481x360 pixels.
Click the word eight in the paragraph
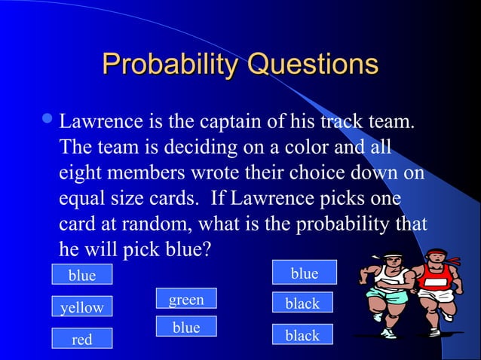coord(79,172)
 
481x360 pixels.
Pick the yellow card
coord(81,307)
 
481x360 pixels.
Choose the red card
coord(81,339)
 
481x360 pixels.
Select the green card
coord(185,299)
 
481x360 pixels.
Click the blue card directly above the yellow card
coord(81,275)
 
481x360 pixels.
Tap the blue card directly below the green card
coord(185,327)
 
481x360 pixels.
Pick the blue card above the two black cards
coord(304,273)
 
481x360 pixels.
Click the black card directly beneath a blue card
coord(302,304)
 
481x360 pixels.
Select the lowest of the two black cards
coord(302,335)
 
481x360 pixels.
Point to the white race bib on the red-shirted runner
coord(436,282)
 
